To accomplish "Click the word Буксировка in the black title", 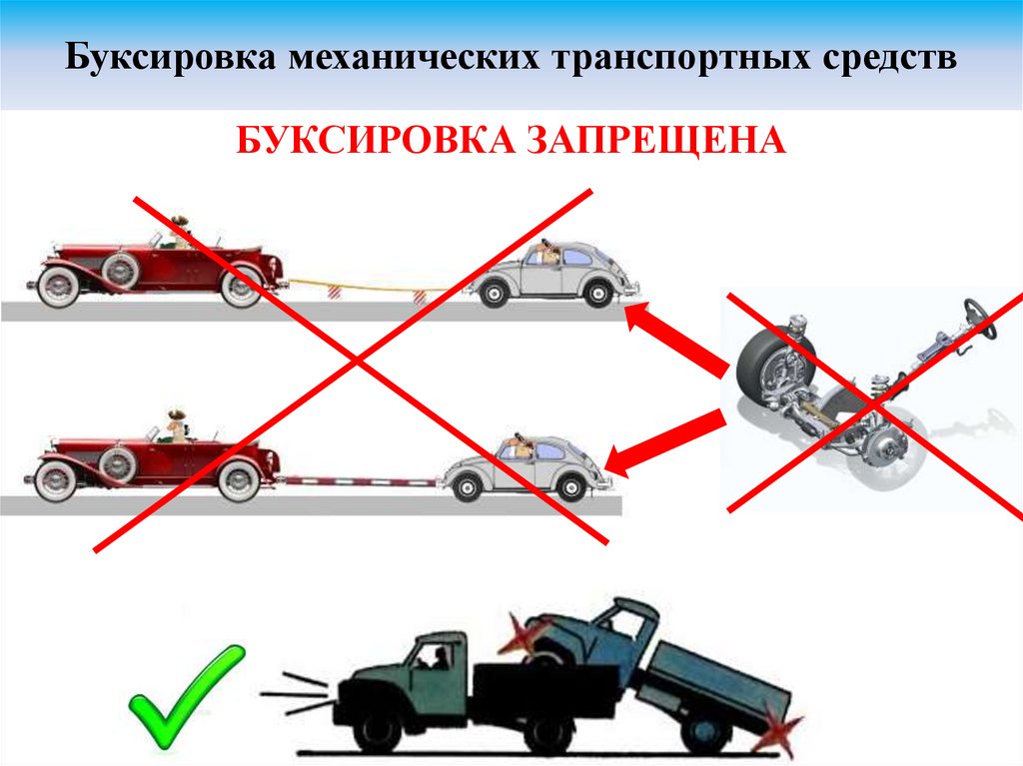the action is [x=171, y=57].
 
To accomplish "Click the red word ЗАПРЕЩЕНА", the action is [x=656, y=140].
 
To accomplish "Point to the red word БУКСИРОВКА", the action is [x=376, y=140].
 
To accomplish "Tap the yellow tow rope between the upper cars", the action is [x=369, y=286].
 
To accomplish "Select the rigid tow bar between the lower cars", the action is [x=361, y=481].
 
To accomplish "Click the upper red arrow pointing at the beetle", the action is [x=676, y=339].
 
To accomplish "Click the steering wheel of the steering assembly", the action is [x=979, y=319].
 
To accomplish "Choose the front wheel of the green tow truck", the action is [x=377, y=734].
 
